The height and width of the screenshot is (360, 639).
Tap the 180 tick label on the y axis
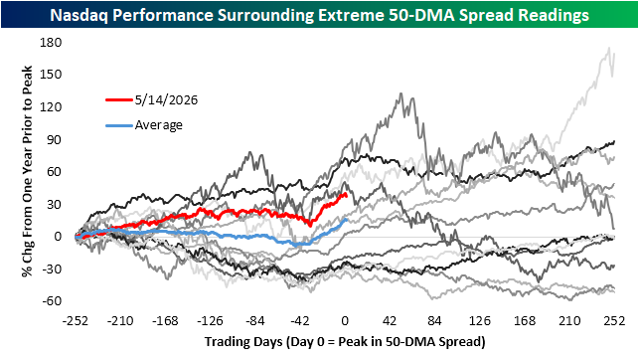51,43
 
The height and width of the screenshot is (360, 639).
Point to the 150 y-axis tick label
51,75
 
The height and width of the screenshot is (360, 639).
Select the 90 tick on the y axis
55,139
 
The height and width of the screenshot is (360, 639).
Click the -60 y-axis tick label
51,301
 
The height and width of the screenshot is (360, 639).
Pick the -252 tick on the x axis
76,321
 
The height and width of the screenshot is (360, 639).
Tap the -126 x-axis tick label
211,321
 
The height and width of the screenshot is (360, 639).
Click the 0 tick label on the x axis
345,321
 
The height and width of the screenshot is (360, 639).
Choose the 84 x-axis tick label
435,321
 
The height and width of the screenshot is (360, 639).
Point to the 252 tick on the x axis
614,321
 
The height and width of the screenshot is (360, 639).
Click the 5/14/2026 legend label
166,100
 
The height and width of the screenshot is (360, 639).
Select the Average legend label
159,124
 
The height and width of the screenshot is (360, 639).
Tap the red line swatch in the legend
119,99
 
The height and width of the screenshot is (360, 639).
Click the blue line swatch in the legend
119,125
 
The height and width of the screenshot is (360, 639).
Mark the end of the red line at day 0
347,196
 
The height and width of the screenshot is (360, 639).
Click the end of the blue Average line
347,220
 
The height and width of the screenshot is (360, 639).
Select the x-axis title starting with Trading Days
345,341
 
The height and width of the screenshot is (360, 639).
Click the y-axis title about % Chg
27,171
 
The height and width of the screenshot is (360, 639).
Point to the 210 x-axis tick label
569,321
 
